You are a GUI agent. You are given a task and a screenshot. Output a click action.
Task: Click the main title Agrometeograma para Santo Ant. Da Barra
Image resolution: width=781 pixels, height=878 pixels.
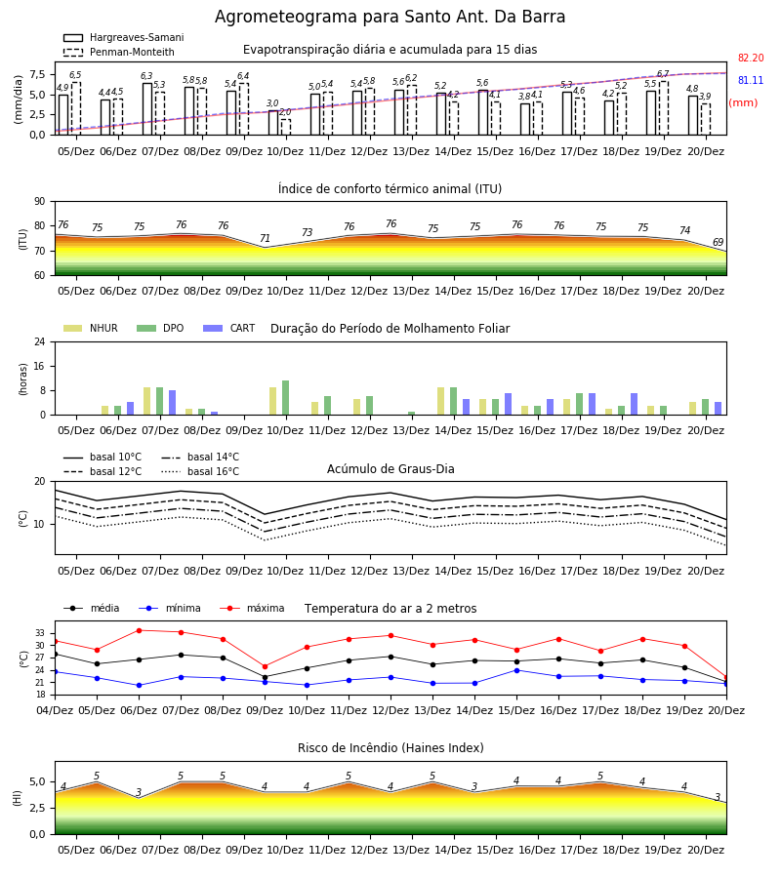click(x=390, y=17)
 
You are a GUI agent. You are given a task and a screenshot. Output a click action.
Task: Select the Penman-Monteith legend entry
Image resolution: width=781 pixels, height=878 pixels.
click(x=119, y=52)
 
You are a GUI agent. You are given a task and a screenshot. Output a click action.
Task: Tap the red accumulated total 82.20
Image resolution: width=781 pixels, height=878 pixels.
click(x=751, y=58)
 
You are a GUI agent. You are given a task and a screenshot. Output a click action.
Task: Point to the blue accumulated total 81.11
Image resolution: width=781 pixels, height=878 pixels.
click(x=751, y=80)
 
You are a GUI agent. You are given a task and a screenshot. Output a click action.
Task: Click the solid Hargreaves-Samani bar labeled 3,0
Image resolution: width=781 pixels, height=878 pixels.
click(x=273, y=123)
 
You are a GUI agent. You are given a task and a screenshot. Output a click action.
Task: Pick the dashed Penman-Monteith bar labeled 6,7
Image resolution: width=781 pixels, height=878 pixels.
click(x=663, y=108)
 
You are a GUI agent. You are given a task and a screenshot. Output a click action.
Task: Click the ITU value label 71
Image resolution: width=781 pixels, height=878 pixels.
click(x=265, y=239)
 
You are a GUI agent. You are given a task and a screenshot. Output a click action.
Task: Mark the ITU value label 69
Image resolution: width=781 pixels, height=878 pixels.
click(x=718, y=242)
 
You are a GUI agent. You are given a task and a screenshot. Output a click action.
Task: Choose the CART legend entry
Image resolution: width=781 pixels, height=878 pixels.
click(x=228, y=328)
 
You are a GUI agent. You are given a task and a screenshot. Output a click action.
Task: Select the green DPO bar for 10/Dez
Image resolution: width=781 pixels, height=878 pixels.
click(x=286, y=398)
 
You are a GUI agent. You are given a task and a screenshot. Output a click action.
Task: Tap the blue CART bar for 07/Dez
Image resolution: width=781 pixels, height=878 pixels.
click(x=173, y=403)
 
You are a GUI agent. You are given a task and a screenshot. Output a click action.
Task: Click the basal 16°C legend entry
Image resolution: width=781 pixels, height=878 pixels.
click(x=200, y=471)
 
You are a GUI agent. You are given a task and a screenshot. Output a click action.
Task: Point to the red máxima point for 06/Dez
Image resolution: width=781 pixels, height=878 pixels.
click(x=139, y=630)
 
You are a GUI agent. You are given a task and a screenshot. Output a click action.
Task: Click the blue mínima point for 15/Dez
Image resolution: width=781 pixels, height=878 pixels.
click(x=516, y=670)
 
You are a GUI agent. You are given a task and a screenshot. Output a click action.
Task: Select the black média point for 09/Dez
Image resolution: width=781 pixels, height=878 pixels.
click(x=265, y=677)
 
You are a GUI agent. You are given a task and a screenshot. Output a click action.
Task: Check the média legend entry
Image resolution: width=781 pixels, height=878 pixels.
click(x=92, y=608)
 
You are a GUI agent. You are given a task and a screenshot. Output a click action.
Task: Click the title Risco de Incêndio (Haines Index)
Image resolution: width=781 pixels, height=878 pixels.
click(x=390, y=748)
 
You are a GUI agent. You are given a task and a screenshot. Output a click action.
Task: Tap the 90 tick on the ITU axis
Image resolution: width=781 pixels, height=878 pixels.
click(x=40, y=202)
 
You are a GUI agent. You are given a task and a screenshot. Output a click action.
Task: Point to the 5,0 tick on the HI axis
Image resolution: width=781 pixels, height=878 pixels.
click(x=37, y=782)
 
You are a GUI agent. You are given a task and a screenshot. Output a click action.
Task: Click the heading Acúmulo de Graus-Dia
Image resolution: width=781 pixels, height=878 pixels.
click(x=390, y=468)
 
